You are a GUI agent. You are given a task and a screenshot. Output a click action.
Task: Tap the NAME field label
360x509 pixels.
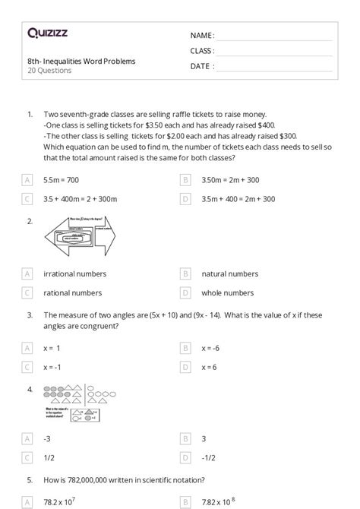point(202,35)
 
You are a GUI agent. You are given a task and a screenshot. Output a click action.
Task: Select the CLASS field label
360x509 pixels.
point(202,51)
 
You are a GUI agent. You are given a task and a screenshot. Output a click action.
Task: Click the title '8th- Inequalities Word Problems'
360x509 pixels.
point(71,61)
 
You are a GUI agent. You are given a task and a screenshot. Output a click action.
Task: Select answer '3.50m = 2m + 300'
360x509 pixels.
point(230,180)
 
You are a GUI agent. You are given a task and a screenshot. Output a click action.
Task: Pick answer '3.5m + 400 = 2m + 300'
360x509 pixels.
point(238,199)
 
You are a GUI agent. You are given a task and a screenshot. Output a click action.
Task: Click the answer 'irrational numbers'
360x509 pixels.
point(74,273)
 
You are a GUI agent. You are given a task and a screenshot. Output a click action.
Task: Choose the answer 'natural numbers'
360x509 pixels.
point(229,273)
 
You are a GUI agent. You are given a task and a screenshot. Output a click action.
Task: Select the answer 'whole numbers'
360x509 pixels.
point(227,292)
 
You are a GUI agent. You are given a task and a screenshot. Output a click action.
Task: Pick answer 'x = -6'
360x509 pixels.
point(210,348)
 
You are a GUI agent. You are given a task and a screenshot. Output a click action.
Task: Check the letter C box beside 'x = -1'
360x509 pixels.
point(28,367)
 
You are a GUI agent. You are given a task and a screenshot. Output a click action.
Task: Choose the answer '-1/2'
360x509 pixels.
point(209,458)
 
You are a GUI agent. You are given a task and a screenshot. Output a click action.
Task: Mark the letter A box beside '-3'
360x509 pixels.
point(28,439)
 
